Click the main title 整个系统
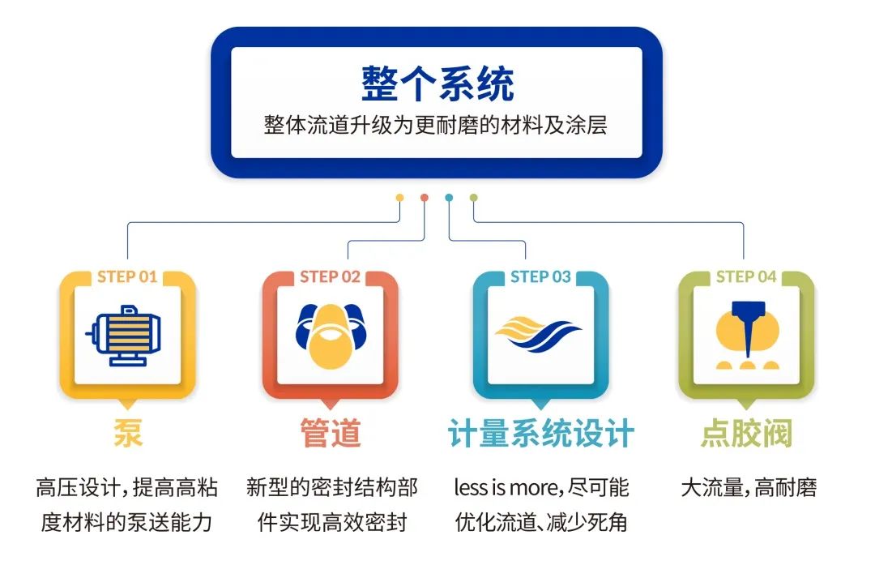pos(437,83)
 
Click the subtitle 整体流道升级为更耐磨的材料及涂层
pos(436,125)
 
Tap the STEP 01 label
pos(127,277)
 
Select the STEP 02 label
pos(330,277)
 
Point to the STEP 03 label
pos(540,277)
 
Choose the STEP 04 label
pos(746,277)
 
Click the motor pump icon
pos(124,336)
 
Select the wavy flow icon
pos(538,333)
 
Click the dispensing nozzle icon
pos(747,335)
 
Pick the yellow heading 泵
pos(128,433)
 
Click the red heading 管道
pos(331,433)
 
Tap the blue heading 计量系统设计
pos(540,434)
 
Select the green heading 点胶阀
pos(747,433)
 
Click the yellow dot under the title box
pos(399,198)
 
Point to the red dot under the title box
pos(424,198)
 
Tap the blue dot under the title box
pos(449,198)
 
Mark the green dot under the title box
pos(473,198)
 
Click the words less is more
pos(506,487)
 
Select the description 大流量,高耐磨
pos(749,487)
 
